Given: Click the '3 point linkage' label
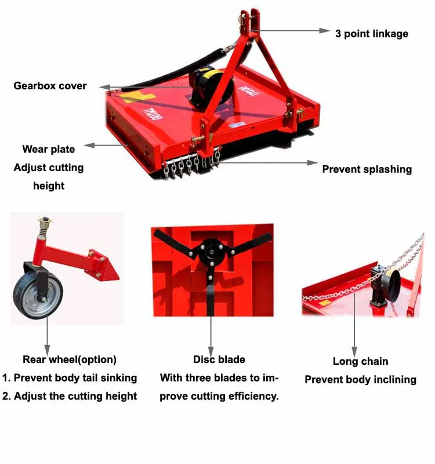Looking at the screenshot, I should [371, 34].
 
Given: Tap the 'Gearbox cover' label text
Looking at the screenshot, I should [50, 86].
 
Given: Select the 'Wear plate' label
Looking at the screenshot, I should [49, 149].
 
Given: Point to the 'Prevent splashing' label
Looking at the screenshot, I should [367, 169].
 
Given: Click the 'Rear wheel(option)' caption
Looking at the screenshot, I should [70, 360].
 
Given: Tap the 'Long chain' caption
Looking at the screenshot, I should [360, 361].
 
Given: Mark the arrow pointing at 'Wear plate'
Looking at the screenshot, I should [107, 146].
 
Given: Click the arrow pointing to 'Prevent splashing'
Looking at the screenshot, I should [267, 163].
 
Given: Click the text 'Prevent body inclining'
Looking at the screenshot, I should [360, 380].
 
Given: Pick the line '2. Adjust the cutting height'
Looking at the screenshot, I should [70, 396].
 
